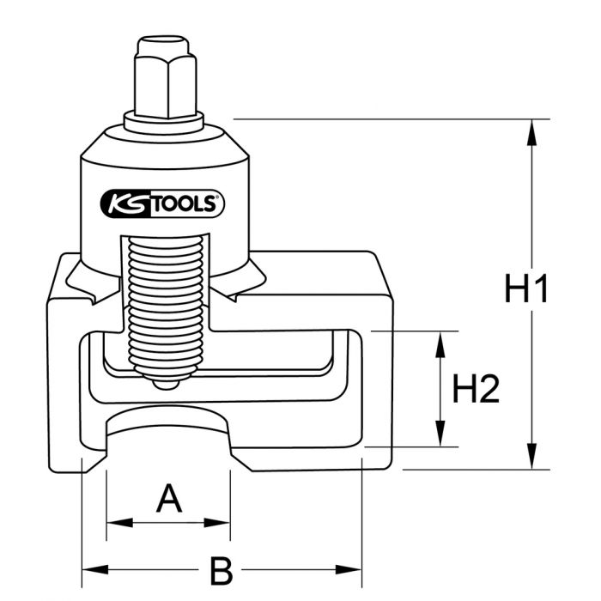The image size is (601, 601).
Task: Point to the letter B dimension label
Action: [222, 568]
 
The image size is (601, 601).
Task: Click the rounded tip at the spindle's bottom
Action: [167, 382]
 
